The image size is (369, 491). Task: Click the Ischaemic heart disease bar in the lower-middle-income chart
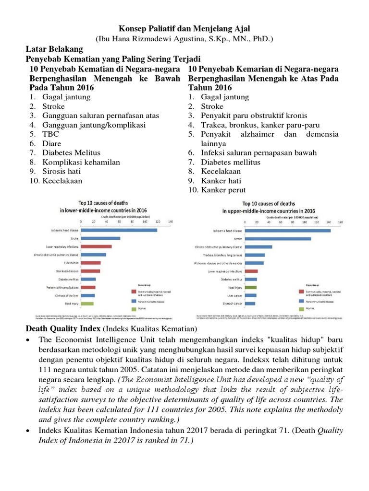tap(119, 230)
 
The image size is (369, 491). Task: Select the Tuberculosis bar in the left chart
tap(91, 263)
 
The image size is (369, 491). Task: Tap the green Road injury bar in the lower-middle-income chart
tap(87, 304)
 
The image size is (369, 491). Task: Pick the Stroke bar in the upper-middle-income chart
tap(278, 238)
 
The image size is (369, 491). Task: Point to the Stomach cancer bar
tap(250, 304)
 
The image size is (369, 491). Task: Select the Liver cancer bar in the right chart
tap(251, 295)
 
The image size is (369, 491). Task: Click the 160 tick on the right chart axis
tap(341, 222)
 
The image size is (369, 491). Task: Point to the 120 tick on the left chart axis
tap(158, 222)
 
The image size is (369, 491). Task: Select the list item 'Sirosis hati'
tap(61, 171)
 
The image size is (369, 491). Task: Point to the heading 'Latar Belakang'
tap(54, 49)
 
